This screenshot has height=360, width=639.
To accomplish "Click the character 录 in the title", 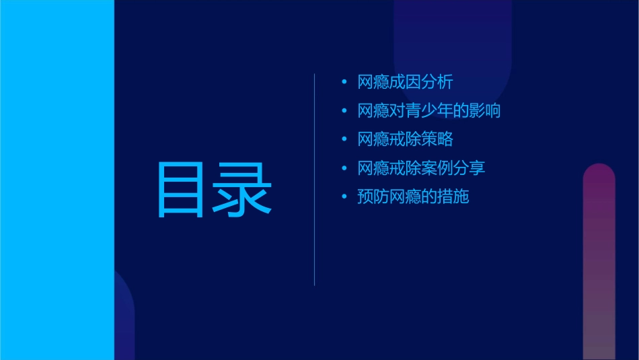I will [x=243, y=190].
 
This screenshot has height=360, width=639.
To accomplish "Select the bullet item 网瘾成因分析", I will [x=405, y=82].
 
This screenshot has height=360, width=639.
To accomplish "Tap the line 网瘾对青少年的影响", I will [x=429, y=111].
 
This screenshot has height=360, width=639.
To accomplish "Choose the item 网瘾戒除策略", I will [x=405, y=139].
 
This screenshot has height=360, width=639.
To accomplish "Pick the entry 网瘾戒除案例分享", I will [x=421, y=168].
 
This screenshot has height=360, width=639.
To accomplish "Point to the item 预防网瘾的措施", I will [x=413, y=196].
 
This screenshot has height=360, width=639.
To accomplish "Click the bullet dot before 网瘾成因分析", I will [x=344, y=83].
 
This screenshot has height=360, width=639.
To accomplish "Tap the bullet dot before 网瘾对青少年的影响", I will [x=344, y=111].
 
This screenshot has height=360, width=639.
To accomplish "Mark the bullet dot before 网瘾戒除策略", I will [x=344, y=140].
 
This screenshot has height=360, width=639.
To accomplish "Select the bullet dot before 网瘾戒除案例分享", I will [x=344, y=168].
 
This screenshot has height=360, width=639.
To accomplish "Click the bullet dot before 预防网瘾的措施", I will [x=344, y=197].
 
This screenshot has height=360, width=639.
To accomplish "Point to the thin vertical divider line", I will [x=315, y=180].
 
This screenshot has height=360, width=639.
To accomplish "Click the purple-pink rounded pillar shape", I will [x=599, y=262].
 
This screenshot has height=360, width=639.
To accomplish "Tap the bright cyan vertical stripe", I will [x=57, y=180].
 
